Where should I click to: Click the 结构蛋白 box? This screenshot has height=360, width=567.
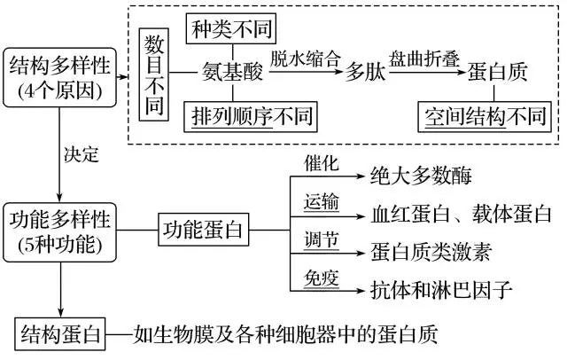[61, 334]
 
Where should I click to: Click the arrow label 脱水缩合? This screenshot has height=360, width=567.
[305, 59]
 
